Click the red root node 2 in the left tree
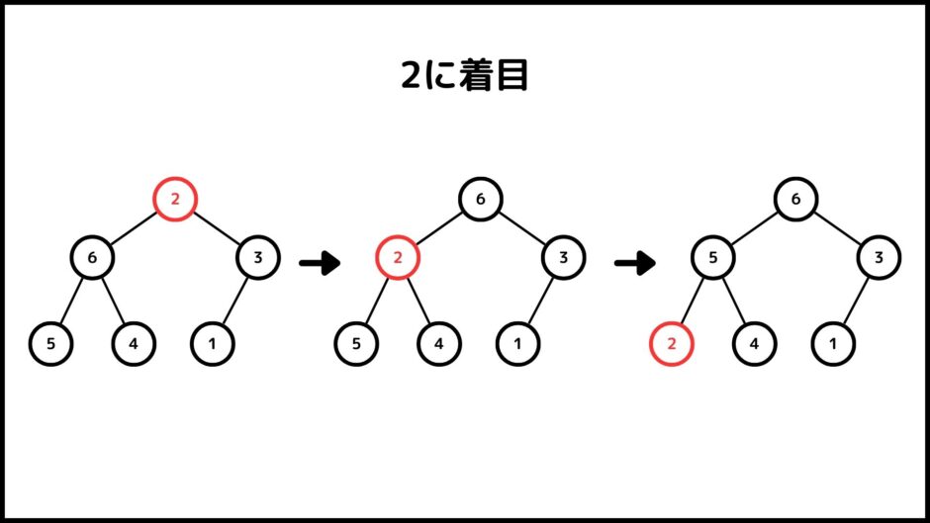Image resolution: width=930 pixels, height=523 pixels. tap(175, 200)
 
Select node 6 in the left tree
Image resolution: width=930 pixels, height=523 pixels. tap(92, 257)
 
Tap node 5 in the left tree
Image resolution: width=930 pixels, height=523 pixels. tap(50, 343)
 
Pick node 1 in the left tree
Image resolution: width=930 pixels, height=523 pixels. tap(213, 343)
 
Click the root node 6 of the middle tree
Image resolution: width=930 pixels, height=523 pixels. tap(481, 200)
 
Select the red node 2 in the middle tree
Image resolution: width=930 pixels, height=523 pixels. tap(398, 257)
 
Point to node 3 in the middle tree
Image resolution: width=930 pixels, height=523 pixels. tap(564, 257)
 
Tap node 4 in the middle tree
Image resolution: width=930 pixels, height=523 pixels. tap(439, 343)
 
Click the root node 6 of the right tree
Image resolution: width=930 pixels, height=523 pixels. tap(796, 200)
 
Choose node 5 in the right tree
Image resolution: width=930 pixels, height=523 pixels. tap(713, 257)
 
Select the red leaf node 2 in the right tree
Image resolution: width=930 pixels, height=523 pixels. tap(672, 343)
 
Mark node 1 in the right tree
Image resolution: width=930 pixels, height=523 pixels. tap(833, 343)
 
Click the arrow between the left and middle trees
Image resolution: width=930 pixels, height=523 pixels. tap(320, 263)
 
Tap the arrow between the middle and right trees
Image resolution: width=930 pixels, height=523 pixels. tap(635, 263)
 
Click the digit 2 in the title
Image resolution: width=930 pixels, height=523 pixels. tap(411, 75)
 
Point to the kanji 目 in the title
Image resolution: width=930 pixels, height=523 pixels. tap(513, 75)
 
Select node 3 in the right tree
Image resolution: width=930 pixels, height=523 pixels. tap(879, 257)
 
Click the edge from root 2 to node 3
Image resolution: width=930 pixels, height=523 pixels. tap(217, 228)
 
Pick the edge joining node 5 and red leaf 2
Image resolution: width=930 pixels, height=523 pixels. tap(693, 301)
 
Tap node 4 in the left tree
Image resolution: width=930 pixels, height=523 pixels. tap(134, 343)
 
